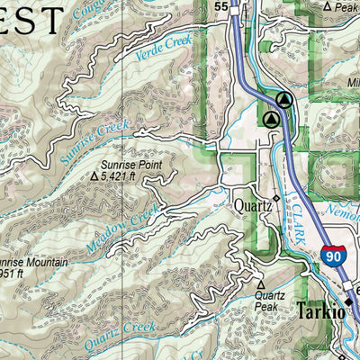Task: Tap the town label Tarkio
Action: (x=319, y=311)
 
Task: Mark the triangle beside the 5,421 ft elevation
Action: (x=95, y=178)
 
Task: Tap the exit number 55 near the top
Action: (x=220, y=6)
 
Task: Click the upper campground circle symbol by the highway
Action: (x=284, y=100)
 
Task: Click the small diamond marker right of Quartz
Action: (x=275, y=199)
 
